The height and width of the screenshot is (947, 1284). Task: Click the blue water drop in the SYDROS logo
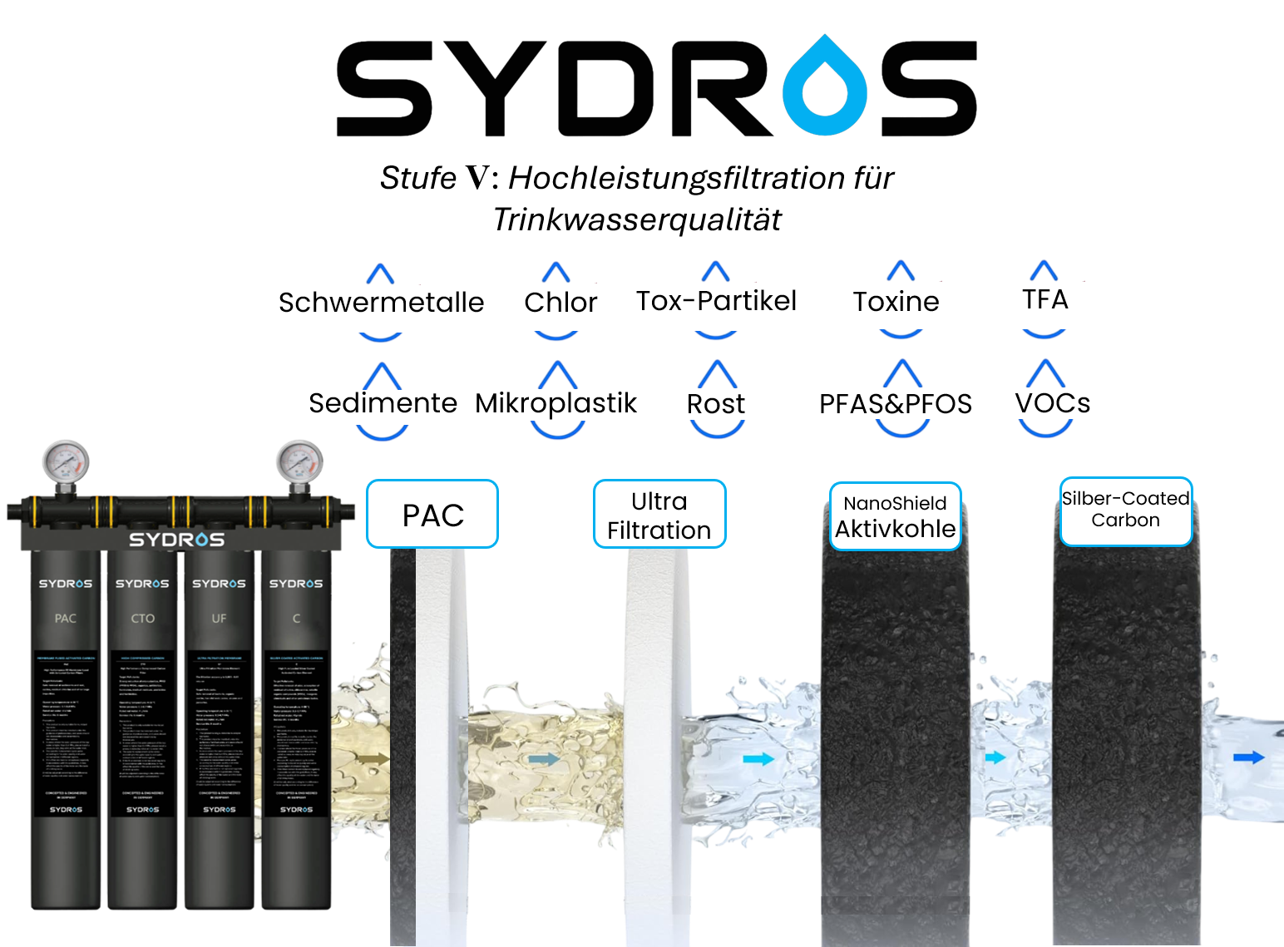[x=825, y=86]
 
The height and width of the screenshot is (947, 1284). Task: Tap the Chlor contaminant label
[x=561, y=302]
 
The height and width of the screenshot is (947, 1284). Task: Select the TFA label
[x=1045, y=299]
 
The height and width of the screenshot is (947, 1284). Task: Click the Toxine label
[x=896, y=301]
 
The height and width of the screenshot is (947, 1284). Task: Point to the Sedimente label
[x=383, y=403]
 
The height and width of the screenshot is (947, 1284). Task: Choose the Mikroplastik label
[x=560, y=403]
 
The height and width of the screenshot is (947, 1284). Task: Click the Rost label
[x=716, y=404]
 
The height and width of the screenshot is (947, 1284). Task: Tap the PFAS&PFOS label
[x=896, y=404]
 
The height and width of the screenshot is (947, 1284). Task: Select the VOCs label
[x=1053, y=403]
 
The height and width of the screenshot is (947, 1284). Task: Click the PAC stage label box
[x=432, y=515]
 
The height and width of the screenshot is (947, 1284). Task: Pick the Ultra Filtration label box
[x=659, y=515]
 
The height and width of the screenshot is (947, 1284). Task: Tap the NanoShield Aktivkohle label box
[x=896, y=517]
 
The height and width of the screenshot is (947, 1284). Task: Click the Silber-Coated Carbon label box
[x=1125, y=510]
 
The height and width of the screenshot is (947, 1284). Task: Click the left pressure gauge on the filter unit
[x=65, y=464]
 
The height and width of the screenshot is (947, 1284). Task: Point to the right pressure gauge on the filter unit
[x=299, y=464]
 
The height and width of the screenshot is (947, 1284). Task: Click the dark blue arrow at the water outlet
[x=1248, y=757]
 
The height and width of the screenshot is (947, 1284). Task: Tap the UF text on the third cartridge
[x=219, y=619]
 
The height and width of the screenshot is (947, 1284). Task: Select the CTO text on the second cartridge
[x=143, y=619]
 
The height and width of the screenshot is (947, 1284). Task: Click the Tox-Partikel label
[x=713, y=301]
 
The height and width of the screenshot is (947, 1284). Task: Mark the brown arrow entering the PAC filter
[x=377, y=759]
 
